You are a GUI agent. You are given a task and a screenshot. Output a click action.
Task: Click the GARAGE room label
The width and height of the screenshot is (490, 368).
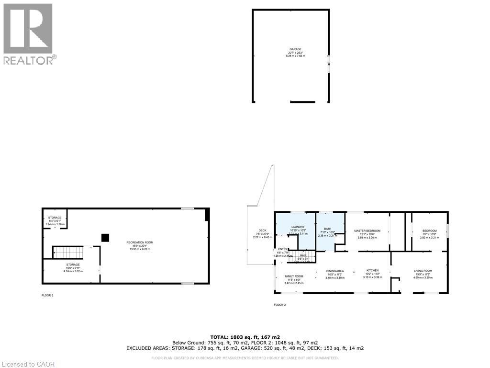point(295,50)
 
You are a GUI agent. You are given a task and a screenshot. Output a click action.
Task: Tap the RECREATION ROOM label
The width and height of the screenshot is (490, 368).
point(140,242)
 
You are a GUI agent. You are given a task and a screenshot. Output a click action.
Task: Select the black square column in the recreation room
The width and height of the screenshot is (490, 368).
point(105,237)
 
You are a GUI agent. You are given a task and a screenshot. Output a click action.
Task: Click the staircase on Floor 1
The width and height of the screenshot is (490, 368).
point(67,252)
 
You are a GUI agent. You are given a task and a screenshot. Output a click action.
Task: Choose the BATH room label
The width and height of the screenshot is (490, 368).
point(328,229)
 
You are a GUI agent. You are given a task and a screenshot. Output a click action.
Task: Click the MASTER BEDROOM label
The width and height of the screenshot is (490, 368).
point(367,231)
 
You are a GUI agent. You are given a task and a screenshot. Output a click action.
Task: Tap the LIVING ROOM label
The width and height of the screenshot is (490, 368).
point(423,271)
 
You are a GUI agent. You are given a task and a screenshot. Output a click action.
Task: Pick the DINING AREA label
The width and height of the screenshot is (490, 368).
point(335,271)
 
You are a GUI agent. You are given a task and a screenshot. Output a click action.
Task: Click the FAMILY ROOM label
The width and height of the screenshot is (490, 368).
point(294,276)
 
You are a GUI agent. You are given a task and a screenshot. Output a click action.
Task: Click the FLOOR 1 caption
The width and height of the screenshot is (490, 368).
point(47,296)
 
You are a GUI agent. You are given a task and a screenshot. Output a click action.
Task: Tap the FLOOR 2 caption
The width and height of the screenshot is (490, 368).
point(279,305)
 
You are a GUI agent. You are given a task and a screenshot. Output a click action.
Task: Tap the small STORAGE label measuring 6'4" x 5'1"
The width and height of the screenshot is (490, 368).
point(55,218)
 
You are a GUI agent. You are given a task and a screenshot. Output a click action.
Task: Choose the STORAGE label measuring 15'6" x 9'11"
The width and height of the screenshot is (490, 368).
point(73,264)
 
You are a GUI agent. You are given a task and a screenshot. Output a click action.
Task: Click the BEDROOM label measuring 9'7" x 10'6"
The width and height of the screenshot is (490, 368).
point(429,231)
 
